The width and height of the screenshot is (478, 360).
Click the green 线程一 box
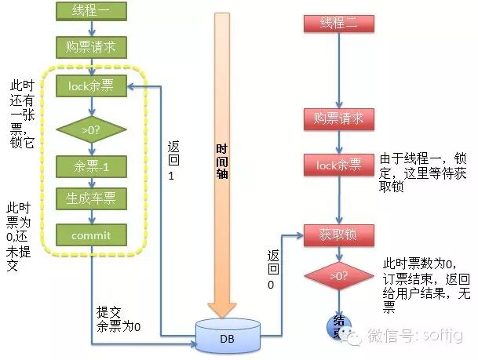[x=92, y=12]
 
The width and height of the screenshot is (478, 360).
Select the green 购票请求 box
[x=92, y=47]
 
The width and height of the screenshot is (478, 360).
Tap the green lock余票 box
[x=92, y=85]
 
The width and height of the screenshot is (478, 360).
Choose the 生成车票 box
[x=92, y=199]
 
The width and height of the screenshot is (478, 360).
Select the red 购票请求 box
[x=338, y=119]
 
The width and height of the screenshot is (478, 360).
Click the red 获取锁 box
[x=338, y=234]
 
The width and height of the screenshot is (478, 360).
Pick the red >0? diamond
[x=338, y=276]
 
